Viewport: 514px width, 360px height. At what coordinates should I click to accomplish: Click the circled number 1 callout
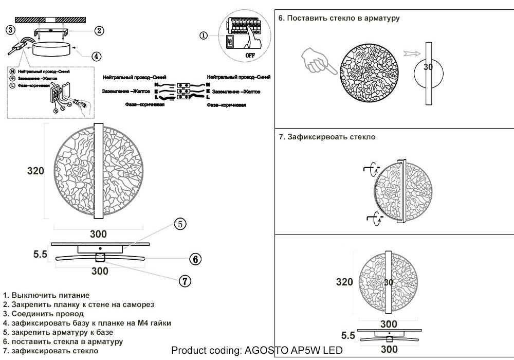(x=204, y=35)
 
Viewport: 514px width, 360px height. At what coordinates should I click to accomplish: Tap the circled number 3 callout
(x=11, y=30)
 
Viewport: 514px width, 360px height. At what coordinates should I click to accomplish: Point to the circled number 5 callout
(x=179, y=224)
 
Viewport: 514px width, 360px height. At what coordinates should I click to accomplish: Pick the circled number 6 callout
(x=194, y=259)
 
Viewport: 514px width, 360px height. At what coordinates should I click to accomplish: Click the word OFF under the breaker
(x=250, y=54)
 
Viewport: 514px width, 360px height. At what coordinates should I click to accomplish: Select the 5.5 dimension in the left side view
(x=40, y=254)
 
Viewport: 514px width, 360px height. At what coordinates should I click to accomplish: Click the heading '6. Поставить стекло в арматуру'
(x=339, y=18)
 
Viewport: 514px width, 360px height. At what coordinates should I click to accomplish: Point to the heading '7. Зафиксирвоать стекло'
(x=327, y=137)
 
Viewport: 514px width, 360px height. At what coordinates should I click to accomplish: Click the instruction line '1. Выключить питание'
(x=46, y=295)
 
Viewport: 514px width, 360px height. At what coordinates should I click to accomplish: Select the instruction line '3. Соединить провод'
(x=43, y=314)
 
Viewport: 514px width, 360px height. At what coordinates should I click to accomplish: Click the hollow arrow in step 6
(x=412, y=53)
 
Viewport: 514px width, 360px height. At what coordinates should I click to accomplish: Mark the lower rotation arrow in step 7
(x=373, y=220)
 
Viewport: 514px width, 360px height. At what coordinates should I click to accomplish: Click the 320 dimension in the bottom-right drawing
(x=344, y=282)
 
